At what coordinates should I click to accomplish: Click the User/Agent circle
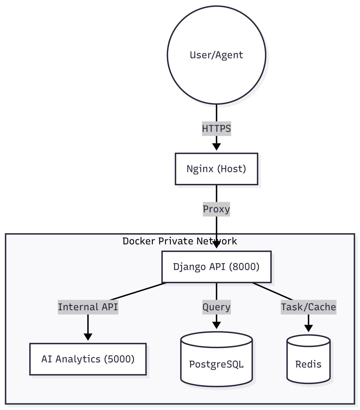(216, 55)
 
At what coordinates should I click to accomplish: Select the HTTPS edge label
(216, 128)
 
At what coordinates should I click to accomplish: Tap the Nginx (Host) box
(216, 169)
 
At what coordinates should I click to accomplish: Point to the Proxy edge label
(216, 209)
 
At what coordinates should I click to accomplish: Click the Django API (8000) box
(216, 267)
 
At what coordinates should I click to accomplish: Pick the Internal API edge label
(88, 307)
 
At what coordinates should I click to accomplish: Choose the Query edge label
(216, 307)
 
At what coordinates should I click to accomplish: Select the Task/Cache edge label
(308, 307)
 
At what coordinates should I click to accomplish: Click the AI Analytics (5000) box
(88, 359)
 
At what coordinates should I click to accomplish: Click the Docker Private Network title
(179, 241)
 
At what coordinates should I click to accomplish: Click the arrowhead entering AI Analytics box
(88, 337)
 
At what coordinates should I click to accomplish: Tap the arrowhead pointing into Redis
(308, 328)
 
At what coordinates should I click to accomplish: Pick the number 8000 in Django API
(244, 267)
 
